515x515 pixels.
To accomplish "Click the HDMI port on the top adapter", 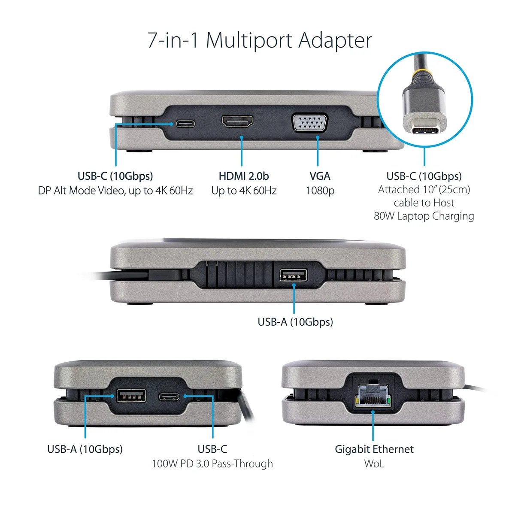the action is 237,121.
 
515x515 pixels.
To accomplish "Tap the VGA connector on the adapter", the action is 310,123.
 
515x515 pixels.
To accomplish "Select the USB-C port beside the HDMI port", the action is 185,124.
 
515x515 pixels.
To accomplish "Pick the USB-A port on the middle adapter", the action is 293,276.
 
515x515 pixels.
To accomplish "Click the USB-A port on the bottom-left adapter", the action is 131,396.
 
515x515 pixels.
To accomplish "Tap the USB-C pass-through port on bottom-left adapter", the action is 169,397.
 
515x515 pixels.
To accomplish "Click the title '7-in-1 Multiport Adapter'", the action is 260,40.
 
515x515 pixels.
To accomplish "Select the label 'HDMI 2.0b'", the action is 244,176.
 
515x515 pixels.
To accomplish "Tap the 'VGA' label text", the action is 320,176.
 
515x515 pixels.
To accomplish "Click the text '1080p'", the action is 320,191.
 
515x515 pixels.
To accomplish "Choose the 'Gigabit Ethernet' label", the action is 374,449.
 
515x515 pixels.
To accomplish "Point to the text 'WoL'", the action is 374,463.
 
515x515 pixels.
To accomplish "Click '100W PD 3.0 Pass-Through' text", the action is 212,463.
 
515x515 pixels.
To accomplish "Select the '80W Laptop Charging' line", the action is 424,216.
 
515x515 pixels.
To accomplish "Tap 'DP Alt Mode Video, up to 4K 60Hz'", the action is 115,191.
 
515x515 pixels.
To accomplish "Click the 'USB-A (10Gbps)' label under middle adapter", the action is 295,322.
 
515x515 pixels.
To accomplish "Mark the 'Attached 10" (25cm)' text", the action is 424,190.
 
